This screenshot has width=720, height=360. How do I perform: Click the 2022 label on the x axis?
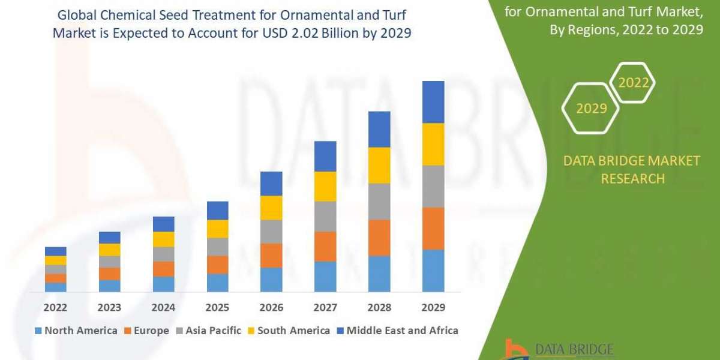pyautogui.click(x=55, y=307)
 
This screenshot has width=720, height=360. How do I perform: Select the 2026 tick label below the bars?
pyautogui.click(x=271, y=307)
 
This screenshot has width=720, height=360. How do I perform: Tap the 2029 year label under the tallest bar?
pyautogui.click(x=433, y=307)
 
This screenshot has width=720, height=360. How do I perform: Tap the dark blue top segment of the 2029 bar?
pyautogui.click(x=433, y=102)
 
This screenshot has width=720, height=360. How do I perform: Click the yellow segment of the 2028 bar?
pyautogui.click(x=379, y=165)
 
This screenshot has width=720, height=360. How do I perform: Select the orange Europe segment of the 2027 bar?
pyautogui.click(x=325, y=246)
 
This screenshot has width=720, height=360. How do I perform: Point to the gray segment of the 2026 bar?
pyautogui.click(x=271, y=231)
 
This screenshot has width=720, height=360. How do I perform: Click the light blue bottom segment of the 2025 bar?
pyautogui.click(x=217, y=283)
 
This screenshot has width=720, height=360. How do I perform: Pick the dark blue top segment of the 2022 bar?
pyautogui.click(x=55, y=251)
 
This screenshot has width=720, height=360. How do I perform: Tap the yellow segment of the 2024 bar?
pyautogui.click(x=163, y=239)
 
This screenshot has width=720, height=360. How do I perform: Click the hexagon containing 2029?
pyautogui.click(x=590, y=108)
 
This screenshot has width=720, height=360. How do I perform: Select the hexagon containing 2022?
pyautogui.click(x=633, y=83)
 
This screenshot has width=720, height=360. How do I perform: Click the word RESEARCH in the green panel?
pyautogui.click(x=632, y=178)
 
